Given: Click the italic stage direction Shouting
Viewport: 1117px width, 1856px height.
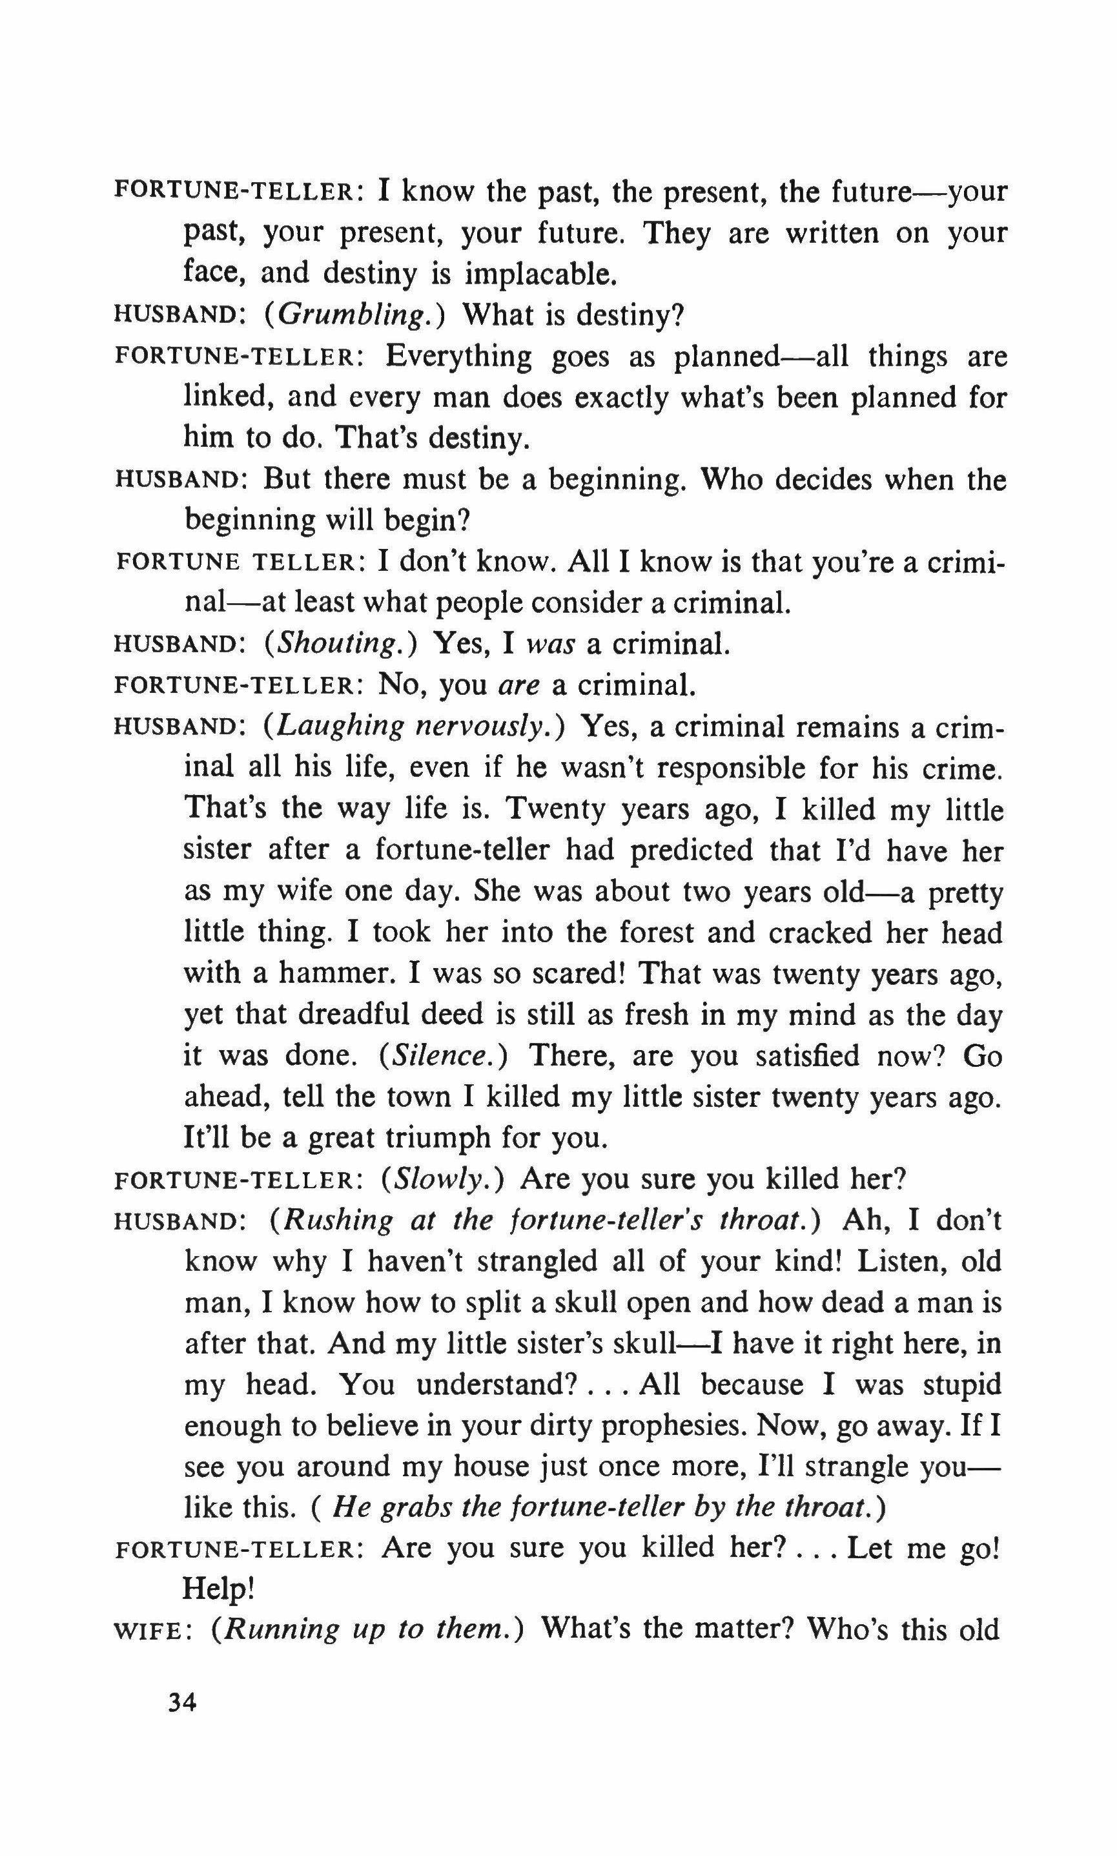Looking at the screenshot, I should click(340, 643).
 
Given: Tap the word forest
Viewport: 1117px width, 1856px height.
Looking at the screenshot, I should click(657, 933).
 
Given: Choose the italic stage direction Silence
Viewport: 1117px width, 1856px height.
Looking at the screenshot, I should click(444, 1055).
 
